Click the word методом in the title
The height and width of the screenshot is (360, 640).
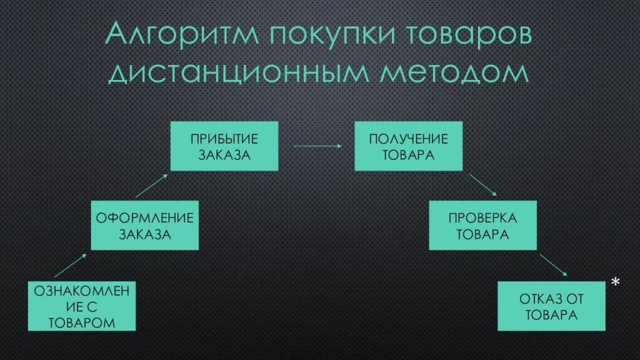point(455,72)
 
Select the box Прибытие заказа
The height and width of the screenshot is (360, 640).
point(224,146)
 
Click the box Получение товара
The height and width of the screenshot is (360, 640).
point(409,146)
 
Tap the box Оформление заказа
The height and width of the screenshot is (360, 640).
point(144,226)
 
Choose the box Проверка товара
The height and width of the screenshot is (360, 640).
point(482,226)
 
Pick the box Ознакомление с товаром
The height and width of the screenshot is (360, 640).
point(82,306)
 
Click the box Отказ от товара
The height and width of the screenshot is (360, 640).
point(551,306)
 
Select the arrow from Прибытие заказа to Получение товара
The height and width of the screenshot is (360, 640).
point(317,146)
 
